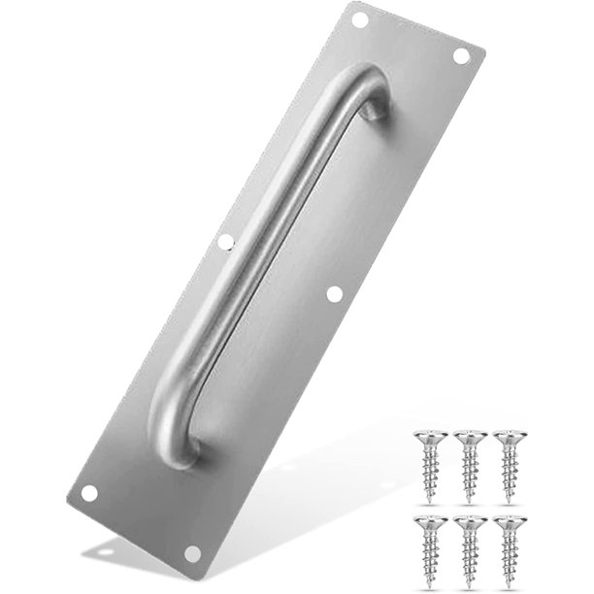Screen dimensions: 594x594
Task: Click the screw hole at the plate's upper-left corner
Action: click(359, 18)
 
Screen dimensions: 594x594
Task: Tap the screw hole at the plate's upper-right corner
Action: click(461, 55)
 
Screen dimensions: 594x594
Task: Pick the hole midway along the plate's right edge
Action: click(335, 292)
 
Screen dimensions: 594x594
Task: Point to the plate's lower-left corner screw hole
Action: click(89, 493)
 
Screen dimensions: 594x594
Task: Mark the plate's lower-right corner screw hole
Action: click(192, 553)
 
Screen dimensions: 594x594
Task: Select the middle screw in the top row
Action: click(469, 438)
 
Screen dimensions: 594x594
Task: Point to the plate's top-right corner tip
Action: click(484, 45)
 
